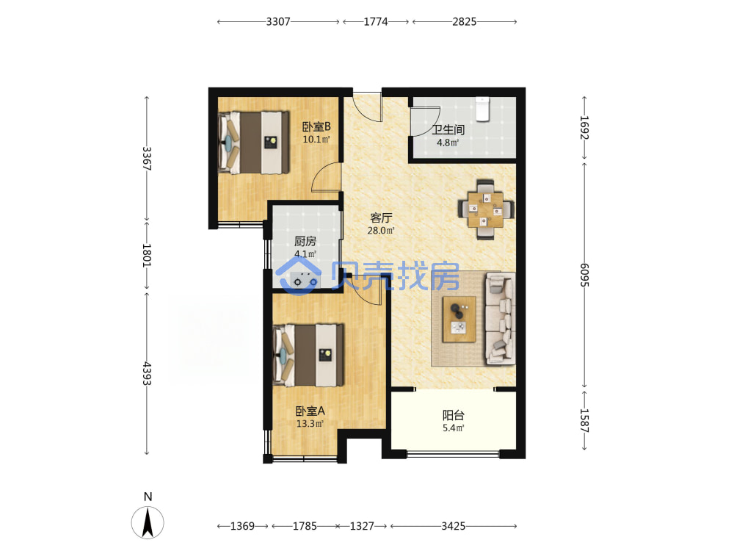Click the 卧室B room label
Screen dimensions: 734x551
316,126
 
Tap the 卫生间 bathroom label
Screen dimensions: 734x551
448,130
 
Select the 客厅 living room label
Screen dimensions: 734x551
380,218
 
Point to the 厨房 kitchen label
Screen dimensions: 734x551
305,241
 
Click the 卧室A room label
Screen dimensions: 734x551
310,411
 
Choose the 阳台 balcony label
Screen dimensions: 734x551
453,415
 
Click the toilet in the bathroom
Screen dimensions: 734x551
482,109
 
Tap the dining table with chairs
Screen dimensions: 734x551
486,209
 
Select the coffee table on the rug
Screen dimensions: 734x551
459,319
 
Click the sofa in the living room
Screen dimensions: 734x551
500,319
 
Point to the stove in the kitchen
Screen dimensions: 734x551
305,281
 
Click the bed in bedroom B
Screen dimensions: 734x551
253,143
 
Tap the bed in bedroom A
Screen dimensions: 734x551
308,355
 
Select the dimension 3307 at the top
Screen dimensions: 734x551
278,21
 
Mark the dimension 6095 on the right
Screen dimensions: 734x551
584,275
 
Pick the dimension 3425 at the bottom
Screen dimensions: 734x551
453,526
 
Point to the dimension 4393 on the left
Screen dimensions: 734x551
147,373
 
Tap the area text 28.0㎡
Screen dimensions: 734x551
380,231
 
